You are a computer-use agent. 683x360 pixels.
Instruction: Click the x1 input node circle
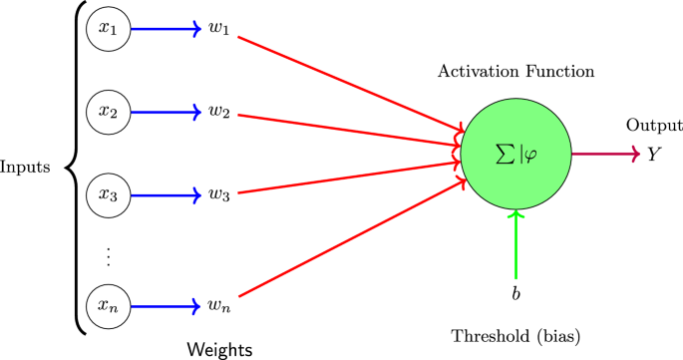click(x=108, y=29)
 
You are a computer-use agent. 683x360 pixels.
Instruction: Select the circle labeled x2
click(x=108, y=111)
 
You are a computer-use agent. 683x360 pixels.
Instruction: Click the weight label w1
click(x=220, y=30)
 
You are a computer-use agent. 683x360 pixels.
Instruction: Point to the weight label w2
click(x=220, y=112)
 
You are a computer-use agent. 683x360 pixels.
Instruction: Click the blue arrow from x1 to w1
click(x=165, y=29)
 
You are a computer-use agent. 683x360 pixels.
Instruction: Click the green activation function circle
click(x=515, y=154)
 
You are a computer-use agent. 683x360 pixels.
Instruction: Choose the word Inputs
click(x=26, y=166)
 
